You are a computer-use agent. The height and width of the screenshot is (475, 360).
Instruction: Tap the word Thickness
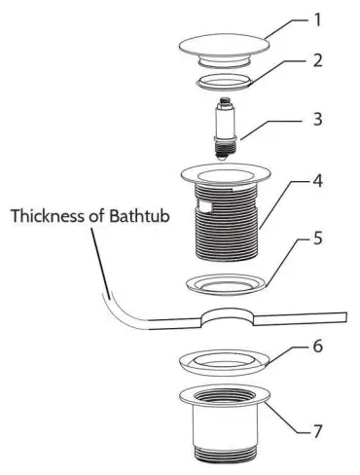[49, 216]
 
